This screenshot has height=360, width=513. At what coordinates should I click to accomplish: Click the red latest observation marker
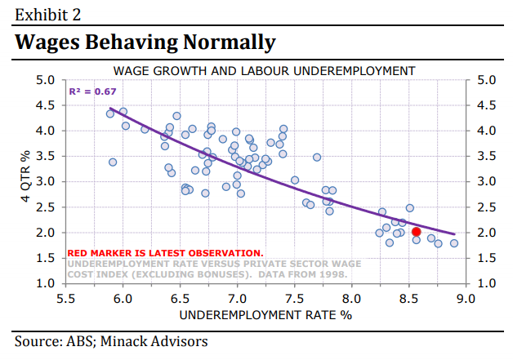(x=416, y=232)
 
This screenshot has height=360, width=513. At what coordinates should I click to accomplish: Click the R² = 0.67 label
(x=92, y=91)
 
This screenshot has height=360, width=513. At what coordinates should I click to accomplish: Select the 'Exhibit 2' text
(x=48, y=14)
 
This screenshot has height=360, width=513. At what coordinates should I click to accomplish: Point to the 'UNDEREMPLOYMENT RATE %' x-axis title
(x=265, y=314)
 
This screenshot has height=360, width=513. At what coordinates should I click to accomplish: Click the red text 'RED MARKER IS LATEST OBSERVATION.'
(x=165, y=253)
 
